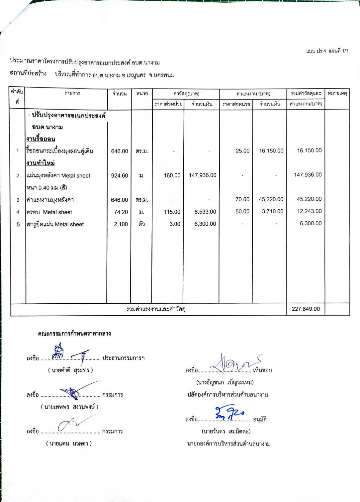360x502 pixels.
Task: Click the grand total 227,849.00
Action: point(306,309)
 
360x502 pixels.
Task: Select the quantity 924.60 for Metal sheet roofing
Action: point(120,176)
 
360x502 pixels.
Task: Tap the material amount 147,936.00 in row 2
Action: point(203,175)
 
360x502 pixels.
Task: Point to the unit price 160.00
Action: point(172,175)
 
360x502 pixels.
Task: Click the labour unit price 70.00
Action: point(242,199)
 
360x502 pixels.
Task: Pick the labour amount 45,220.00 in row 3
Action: point(271,199)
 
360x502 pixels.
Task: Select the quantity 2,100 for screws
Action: point(121,224)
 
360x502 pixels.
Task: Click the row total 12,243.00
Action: point(309,211)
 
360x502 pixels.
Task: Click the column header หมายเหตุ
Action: point(337,93)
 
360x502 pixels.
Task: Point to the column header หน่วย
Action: point(142,94)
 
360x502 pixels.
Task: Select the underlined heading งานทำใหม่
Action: point(41,163)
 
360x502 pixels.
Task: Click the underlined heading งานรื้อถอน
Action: point(41,139)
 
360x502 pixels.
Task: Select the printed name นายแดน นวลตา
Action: point(69,444)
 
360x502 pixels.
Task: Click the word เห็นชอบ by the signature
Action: point(262,370)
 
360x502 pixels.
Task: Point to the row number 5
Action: point(18,225)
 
